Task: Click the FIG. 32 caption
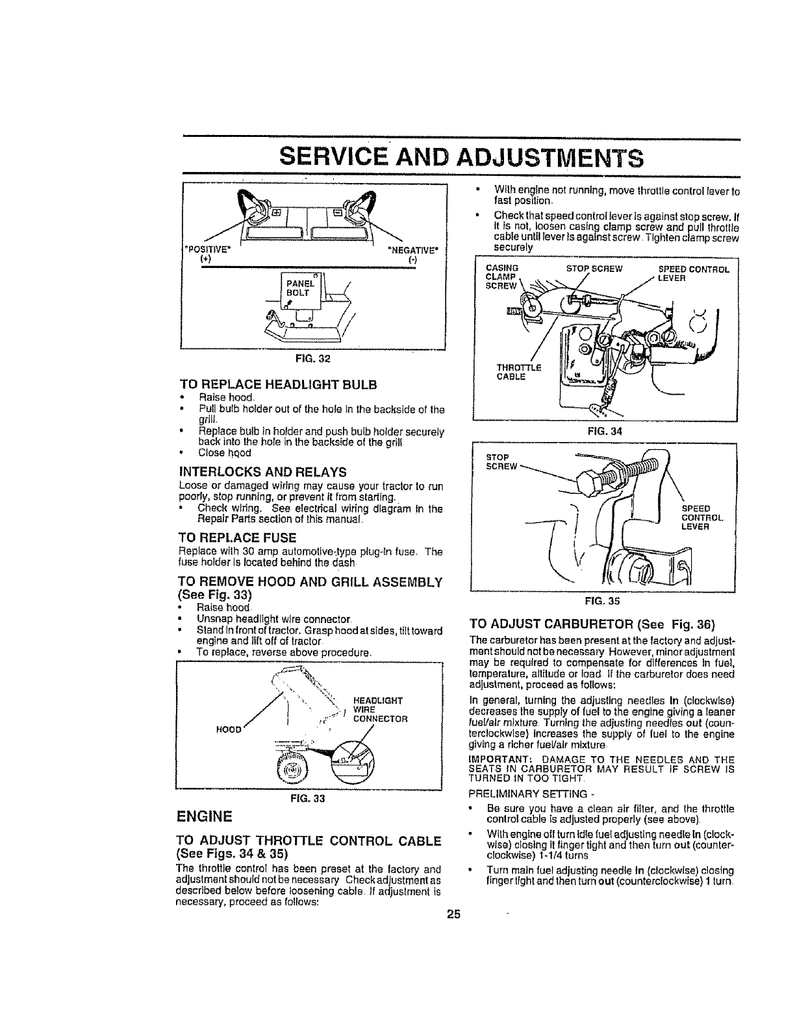(314, 357)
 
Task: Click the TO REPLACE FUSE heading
(236, 537)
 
